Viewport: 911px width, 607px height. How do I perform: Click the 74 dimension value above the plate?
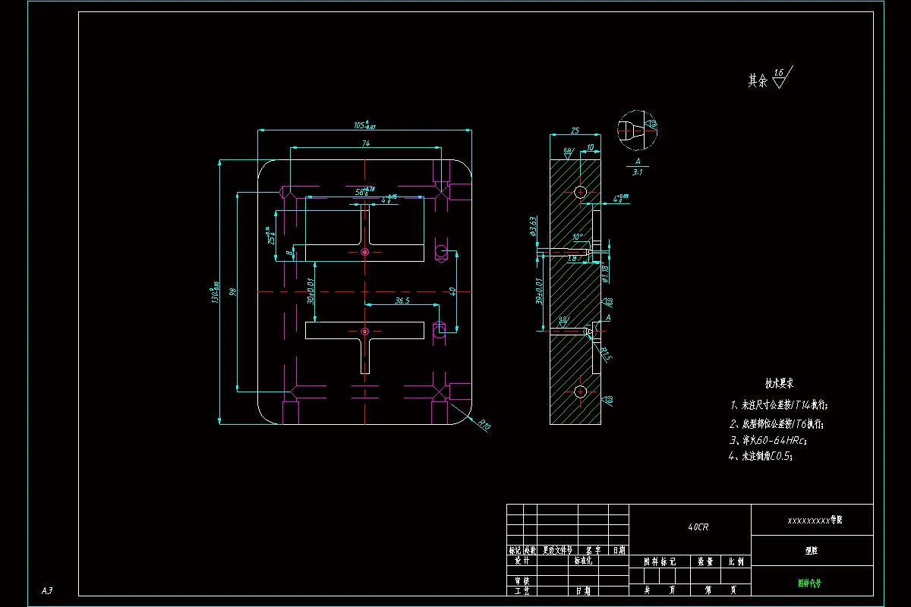(365, 143)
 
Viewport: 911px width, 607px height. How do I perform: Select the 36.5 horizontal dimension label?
(402, 300)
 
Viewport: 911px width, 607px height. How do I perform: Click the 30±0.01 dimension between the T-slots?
(310, 291)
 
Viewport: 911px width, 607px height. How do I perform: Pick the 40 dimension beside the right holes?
(452, 291)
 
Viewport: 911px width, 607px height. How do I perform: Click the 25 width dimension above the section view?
(575, 131)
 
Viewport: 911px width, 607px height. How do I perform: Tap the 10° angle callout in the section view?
(578, 237)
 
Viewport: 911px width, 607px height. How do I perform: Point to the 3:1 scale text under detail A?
(638, 172)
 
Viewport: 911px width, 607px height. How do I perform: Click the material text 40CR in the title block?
(697, 527)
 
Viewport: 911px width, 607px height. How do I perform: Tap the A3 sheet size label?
(46, 590)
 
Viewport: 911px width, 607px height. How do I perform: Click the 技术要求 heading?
(778, 385)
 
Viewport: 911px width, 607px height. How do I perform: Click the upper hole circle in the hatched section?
(581, 191)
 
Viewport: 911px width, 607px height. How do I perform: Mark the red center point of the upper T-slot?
(365, 251)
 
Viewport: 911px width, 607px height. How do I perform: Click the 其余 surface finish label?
(757, 80)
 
